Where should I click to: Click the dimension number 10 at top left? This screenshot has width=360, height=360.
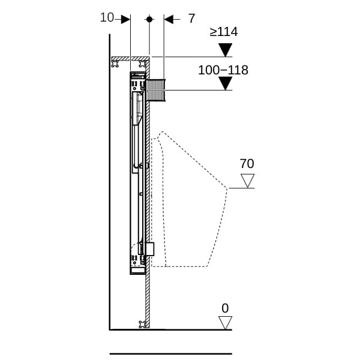(107, 17)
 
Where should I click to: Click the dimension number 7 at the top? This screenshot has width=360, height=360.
(192, 19)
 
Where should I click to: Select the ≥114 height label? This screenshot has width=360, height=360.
(224, 32)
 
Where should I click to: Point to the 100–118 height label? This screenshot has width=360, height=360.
(223, 70)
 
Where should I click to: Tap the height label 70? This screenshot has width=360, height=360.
(247, 164)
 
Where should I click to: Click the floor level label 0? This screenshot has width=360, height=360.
(225, 308)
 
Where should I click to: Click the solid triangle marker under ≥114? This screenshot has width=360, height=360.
(225, 50)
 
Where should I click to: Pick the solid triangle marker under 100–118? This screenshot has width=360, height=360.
(225, 83)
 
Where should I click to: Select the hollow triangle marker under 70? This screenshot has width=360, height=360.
(247, 181)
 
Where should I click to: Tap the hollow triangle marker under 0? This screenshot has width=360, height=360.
(225, 323)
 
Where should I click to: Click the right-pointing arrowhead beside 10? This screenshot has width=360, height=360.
(125, 19)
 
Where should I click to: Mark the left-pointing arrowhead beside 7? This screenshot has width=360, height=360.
(169, 19)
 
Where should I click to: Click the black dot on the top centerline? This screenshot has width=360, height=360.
(149, 19)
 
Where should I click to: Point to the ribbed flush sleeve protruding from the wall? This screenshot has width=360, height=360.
(155, 90)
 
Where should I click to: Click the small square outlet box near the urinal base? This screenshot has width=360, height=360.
(150, 249)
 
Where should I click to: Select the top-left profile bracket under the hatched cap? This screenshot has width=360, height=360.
(115, 64)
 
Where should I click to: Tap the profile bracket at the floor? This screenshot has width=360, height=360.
(143, 324)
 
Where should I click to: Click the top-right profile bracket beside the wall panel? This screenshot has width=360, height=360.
(143, 64)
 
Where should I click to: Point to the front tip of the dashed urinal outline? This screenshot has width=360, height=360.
(227, 188)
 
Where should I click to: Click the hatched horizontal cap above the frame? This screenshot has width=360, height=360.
(130, 59)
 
